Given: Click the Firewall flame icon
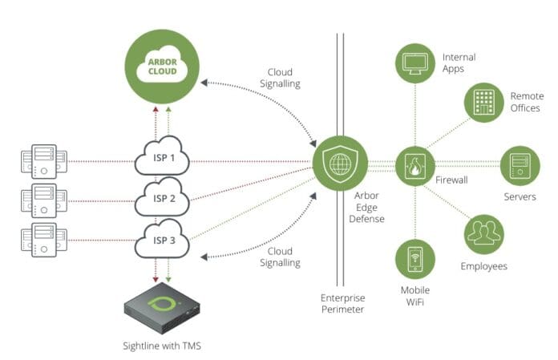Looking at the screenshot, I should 415,167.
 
